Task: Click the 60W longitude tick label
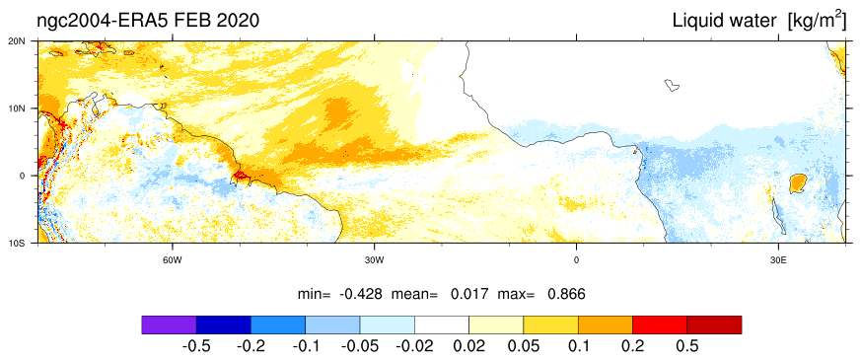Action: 173,259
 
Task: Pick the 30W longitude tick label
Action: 374,259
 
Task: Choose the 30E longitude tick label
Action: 777,259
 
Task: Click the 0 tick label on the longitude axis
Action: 576,259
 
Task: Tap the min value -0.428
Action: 360,294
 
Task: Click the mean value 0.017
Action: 469,294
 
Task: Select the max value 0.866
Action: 567,294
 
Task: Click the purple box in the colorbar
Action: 169,324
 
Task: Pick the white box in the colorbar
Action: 442,324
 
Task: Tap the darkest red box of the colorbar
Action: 714,324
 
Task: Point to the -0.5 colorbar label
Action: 196,347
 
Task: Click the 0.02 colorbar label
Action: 469,347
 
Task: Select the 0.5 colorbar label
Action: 687,347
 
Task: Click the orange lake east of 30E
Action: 797,183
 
